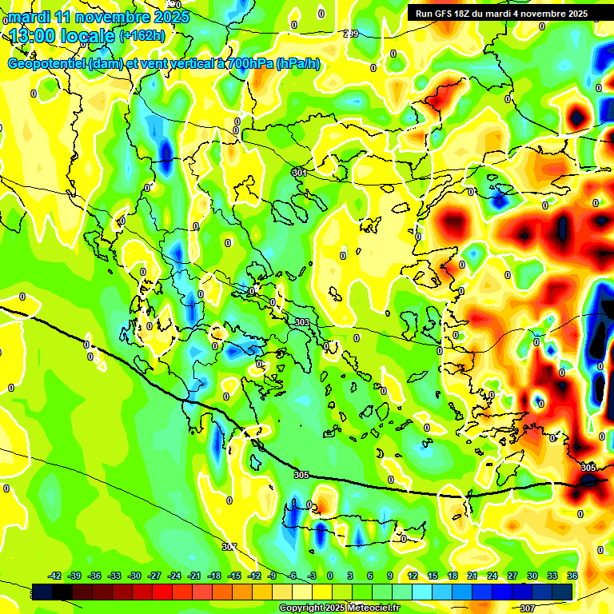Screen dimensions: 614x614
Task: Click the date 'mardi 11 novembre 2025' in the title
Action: [98, 17]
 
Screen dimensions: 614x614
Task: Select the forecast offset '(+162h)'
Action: [143, 36]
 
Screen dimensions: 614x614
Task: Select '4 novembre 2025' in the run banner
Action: [548, 14]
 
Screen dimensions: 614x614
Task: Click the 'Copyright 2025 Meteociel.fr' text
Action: [339, 608]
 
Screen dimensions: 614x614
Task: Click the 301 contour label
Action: [300, 173]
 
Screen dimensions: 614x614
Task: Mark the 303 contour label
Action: [302, 322]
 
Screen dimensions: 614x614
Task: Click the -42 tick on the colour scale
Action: [55, 576]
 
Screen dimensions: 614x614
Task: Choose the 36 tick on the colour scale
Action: [572, 576]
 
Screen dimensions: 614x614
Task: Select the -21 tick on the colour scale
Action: [194, 576]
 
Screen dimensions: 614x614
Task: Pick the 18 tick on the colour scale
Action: [452, 576]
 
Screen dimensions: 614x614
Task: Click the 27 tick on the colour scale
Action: [512, 576]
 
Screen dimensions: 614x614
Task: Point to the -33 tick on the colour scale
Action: [114, 576]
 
